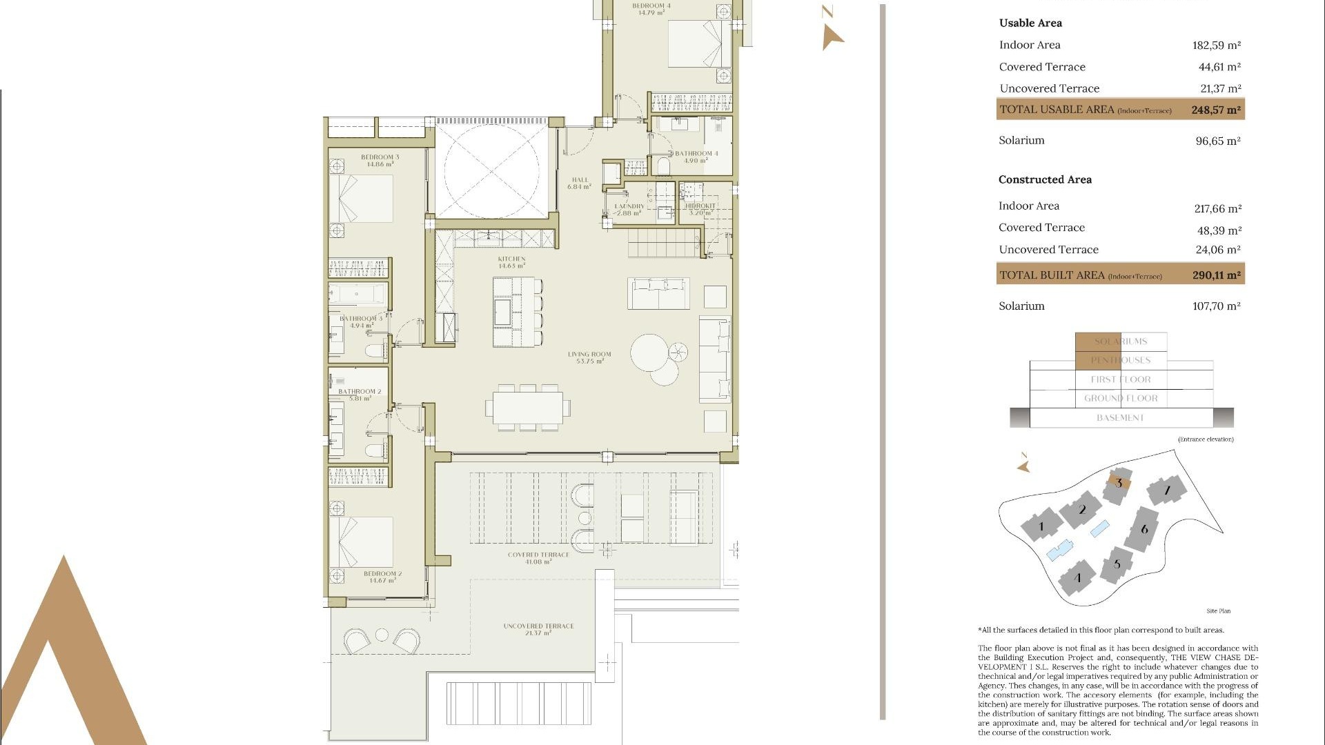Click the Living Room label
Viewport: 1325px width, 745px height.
589,357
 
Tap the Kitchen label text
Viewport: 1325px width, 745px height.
511,262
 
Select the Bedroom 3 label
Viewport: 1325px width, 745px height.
380,160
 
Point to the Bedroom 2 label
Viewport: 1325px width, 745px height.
382,577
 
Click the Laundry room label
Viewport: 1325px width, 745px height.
629,209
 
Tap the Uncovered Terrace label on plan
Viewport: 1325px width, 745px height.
538,629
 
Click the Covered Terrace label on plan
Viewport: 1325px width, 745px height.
538,557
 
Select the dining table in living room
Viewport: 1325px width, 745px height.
528,407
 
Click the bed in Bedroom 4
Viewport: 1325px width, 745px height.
694,43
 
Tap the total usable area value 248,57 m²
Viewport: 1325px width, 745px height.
1215,110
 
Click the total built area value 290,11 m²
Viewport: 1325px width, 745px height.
1216,275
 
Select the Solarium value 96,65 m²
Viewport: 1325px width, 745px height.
1217,141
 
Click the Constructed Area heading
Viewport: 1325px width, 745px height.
1045,179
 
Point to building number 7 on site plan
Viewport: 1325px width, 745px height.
1167,490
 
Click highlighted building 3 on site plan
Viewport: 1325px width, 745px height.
1118,484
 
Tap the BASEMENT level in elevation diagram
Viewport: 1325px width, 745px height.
1120,418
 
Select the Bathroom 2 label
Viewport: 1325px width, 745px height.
359,395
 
